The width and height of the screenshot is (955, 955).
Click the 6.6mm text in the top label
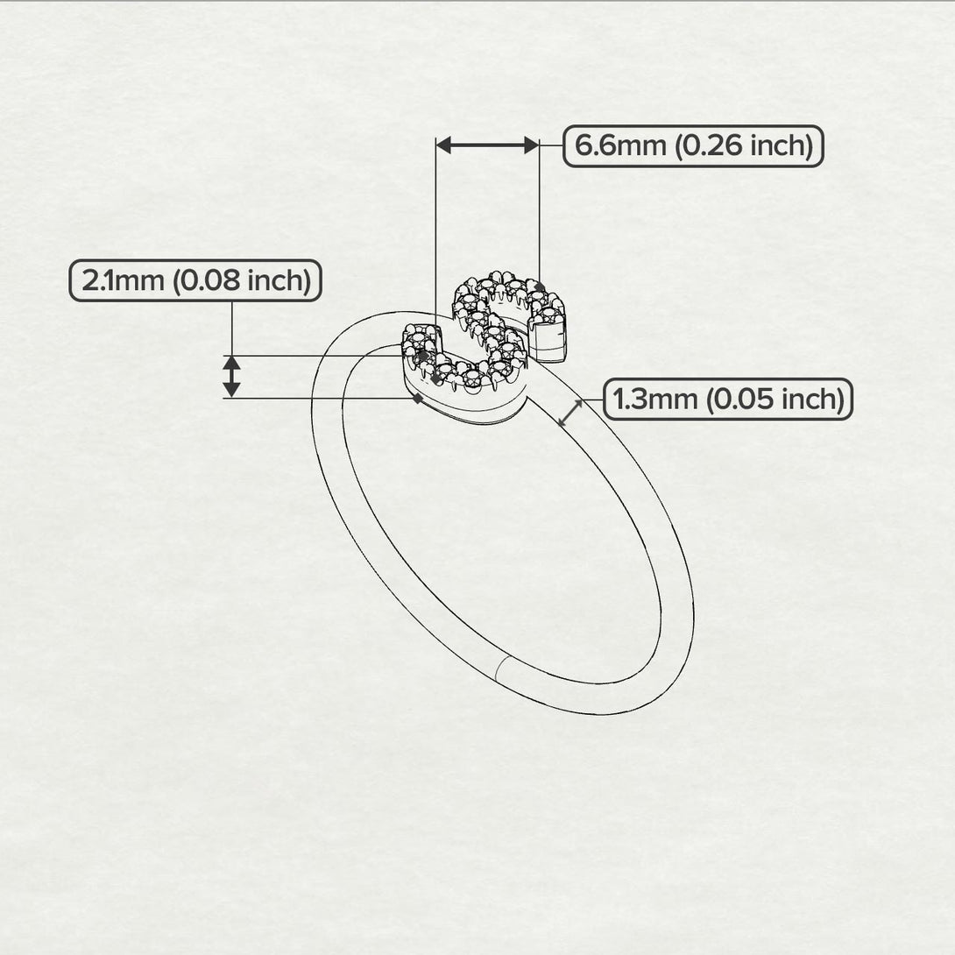(616, 146)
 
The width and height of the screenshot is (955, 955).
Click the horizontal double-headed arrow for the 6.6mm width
(487, 145)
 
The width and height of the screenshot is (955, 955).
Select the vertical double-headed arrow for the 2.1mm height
(231, 376)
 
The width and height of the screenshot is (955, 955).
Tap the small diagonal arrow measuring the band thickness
(570, 413)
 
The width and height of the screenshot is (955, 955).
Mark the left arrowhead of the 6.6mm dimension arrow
(444, 145)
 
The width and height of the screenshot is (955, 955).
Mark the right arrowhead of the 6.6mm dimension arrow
(531, 145)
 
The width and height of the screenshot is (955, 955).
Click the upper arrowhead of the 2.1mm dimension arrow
(231, 363)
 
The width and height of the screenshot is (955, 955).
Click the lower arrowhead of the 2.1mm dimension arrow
(231, 390)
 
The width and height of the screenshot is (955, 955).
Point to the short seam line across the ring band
(500, 669)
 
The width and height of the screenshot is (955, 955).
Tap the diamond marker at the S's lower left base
(418, 399)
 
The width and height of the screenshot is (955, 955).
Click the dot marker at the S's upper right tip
(540, 287)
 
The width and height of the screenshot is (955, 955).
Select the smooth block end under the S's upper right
(552, 342)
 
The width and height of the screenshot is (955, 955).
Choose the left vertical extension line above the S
(436, 228)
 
